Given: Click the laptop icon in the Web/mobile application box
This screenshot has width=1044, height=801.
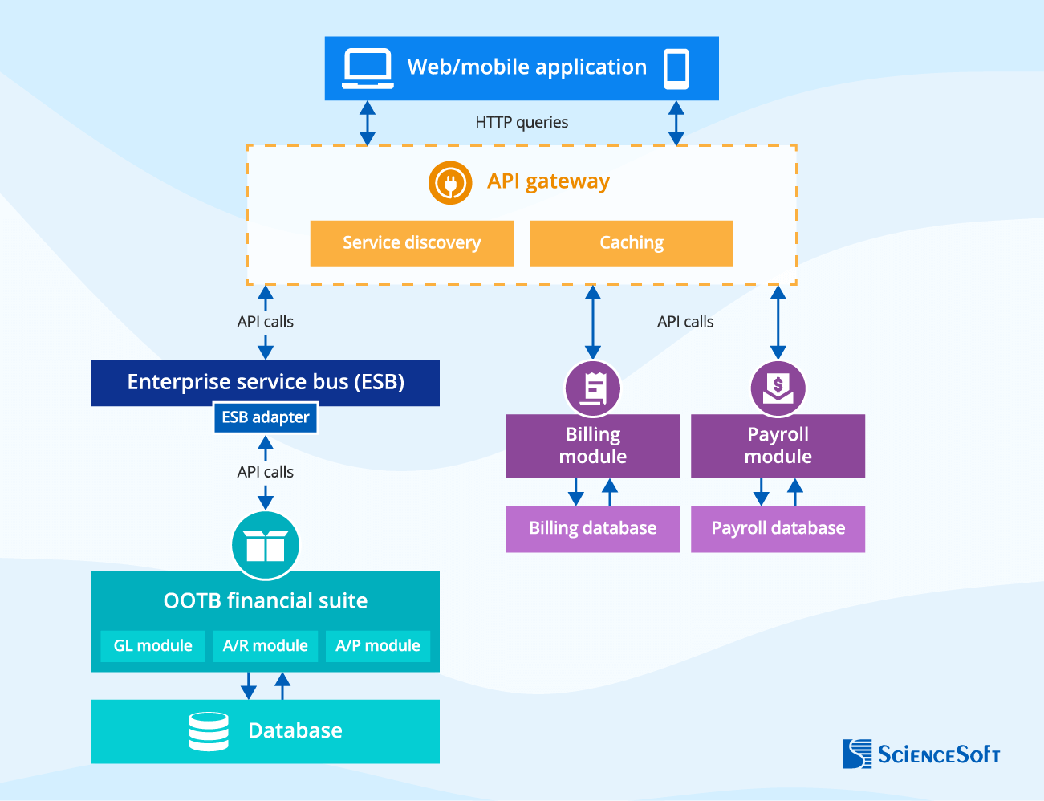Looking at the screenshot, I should click(368, 68).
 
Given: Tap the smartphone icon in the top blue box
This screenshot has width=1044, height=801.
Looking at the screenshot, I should click(676, 68).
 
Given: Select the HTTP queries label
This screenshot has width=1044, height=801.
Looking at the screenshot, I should click(522, 122).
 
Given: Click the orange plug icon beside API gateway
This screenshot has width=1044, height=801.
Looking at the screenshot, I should click(450, 182).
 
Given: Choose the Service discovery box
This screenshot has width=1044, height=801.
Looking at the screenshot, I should click(412, 243).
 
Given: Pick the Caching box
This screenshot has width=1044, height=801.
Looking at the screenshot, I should click(632, 243).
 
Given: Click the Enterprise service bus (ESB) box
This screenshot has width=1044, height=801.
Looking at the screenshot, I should click(266, 382).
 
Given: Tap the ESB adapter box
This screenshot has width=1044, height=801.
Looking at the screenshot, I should click(266, 417).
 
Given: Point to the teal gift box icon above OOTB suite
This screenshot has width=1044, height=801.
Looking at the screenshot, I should click(266, 546).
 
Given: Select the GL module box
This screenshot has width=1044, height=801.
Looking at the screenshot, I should click(152, 646).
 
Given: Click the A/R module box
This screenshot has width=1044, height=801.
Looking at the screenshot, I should click(266, 646).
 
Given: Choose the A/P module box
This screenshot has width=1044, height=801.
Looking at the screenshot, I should click(378, 646).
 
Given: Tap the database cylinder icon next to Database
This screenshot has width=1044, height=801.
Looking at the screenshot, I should click(209, 731).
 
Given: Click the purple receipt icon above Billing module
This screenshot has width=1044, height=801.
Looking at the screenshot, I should click(593, 388).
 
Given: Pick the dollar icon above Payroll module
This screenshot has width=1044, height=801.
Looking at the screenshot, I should click(778, 388).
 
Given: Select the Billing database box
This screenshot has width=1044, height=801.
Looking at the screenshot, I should click(593, 529).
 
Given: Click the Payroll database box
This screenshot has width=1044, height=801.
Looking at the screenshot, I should click(778, 529).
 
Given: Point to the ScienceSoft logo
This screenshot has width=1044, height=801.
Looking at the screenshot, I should click(921, 754).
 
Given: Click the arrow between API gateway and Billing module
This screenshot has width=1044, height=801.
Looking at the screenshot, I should click(593, 322).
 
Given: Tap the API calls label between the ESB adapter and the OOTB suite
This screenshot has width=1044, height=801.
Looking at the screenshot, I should click(266, 472).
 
